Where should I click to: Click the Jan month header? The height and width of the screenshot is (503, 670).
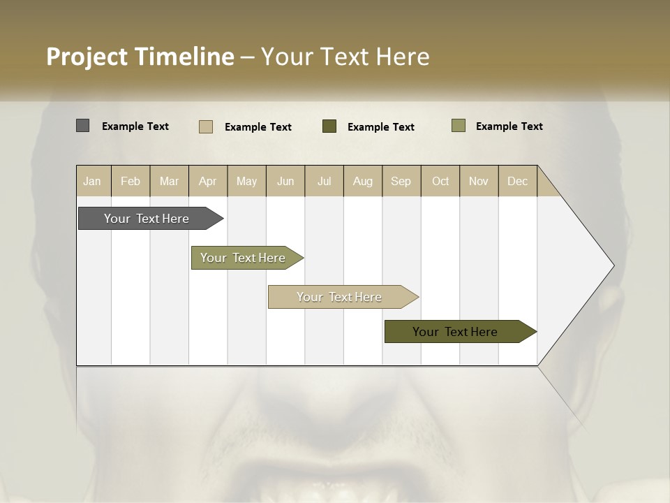92,181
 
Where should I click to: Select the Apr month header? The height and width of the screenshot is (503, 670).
207,181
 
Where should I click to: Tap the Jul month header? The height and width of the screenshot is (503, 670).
324,181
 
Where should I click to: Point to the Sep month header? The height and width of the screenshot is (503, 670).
401,181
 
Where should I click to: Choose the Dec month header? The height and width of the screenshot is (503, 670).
517,181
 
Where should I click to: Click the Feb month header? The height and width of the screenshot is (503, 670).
131,181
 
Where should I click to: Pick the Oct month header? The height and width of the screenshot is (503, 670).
440,181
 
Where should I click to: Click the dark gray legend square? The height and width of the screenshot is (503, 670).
82,126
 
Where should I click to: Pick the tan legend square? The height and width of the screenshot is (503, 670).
205,126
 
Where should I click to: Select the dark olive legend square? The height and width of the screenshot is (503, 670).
329,126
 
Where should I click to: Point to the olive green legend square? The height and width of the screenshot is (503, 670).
458,126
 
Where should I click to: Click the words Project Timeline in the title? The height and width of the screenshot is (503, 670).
140,57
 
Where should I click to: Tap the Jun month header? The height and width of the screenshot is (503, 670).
285,181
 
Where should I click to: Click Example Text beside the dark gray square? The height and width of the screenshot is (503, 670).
135,126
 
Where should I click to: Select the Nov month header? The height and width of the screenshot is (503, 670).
478,181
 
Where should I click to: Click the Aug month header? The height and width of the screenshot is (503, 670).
362,181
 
